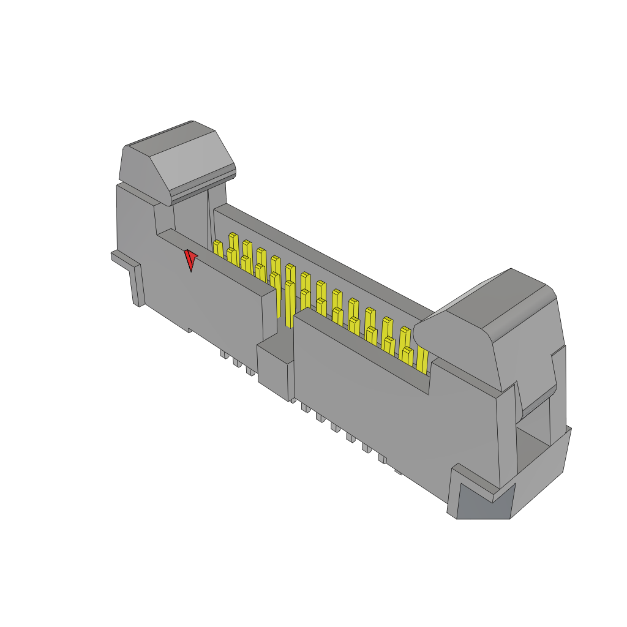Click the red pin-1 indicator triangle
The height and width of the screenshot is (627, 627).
(190, 259)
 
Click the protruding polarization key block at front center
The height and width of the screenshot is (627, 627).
(274, 367)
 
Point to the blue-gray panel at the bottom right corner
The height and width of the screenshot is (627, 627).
(484, 502)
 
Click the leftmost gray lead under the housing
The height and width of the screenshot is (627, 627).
(224, 355)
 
